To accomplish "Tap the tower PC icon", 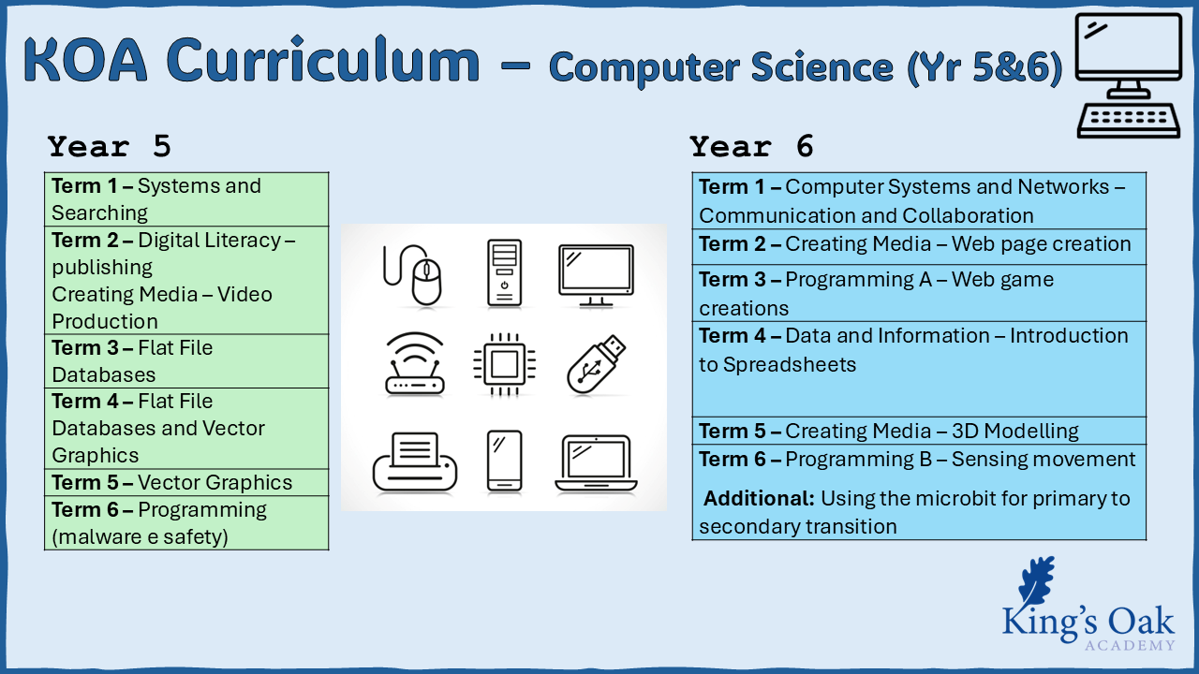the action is pos(504,272).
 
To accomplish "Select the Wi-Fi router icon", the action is pos(415,364).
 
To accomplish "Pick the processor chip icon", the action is pos(504,365).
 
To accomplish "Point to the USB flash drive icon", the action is pos(595,365).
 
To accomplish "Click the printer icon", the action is pos(415,462).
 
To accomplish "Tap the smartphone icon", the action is pos(504,462).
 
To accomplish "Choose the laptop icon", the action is pos(596,463).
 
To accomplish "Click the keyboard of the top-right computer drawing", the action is pos(1129,121).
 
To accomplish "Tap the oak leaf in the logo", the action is pos(1037,580).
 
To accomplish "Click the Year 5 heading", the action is pos(110,146).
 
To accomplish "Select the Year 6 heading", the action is pos(751,146).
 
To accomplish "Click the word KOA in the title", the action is pos(85,60).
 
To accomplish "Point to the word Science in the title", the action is pos(822,67).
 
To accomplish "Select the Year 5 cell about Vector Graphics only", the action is pos(186,482).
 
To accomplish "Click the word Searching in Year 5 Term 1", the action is pos(99,212).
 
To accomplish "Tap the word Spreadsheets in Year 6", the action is pos(790,365).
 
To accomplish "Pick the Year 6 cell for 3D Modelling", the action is pos(919,431).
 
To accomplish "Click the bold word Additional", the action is pos(759,498).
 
